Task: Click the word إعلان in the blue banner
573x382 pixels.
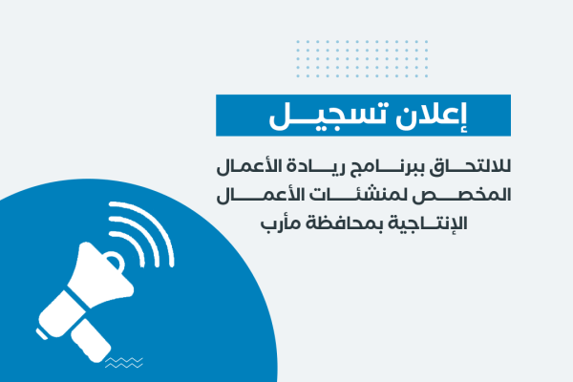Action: [432, 116]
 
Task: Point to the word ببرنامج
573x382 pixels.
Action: [384, 168]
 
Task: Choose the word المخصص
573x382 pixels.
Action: [462, 195]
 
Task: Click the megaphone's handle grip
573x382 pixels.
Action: [91, 340]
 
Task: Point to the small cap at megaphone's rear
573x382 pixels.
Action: [41, 334]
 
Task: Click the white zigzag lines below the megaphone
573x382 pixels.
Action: [124, 363]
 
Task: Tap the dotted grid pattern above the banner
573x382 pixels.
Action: [362, 59]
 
